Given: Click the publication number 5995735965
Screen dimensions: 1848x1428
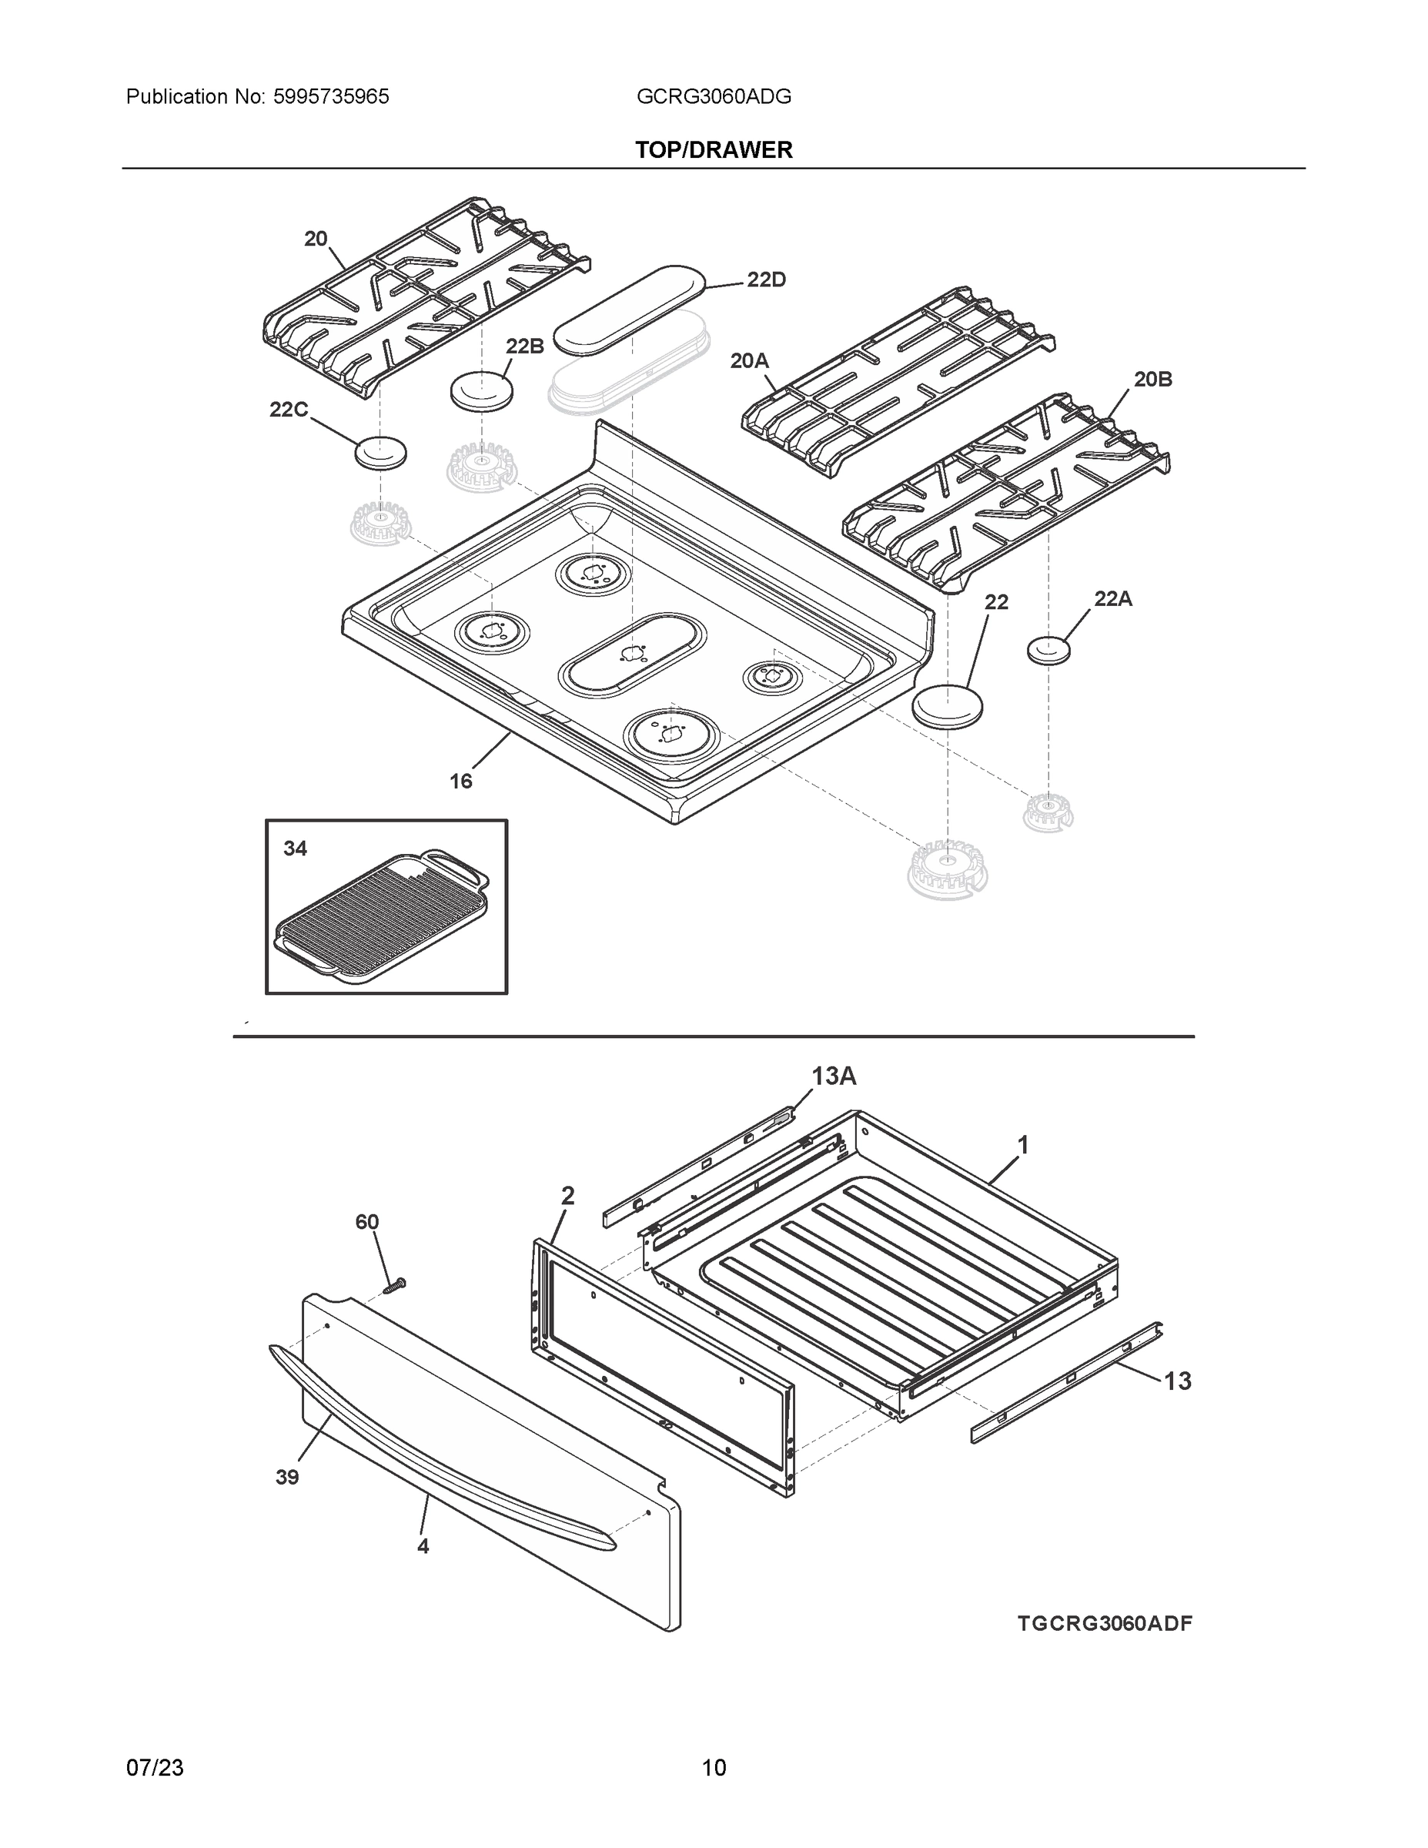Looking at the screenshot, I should pyautogui.click(x=331, y=97).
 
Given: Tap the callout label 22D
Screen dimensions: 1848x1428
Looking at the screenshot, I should pyautogui.click(x=766, y=280).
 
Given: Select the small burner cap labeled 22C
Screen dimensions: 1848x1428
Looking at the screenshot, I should pyautogui.click(x=380, y=454).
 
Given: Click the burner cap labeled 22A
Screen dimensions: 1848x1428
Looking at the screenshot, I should pyautogui.click(x=1049, y=651).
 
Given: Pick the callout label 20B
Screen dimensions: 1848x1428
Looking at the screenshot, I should pyautogui.click(x=1152, y=380).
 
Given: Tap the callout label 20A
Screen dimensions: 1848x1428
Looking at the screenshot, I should pyautogui.click(x=749, y=361).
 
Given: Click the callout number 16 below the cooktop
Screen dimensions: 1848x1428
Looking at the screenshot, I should pyautogui.click(x=460, y=781).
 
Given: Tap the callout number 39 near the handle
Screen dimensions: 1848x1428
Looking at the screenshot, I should pyautogui.click(x=287, y=1478).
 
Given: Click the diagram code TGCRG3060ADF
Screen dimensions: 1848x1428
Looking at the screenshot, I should pyautogui.click(x=1104, y=1624).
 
